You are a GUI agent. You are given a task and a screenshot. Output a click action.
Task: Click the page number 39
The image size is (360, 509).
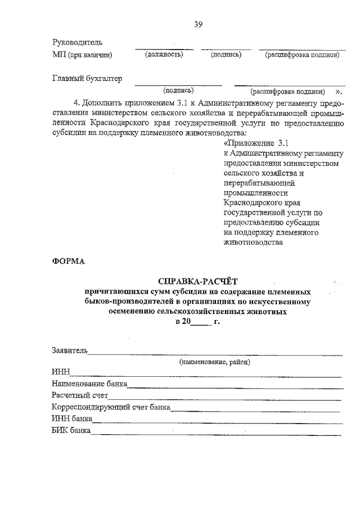click(198, 24)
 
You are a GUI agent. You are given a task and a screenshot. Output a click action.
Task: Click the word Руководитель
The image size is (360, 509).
click(77, 42)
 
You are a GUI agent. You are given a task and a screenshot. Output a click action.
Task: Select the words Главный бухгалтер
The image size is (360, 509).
click(87, 79)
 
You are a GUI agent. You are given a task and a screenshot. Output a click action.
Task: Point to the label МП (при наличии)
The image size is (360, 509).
click(82, 55)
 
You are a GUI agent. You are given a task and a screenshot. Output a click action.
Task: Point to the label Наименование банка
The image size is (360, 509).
click(89, 384)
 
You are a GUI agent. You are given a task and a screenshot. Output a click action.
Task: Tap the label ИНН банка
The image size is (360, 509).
click(70, 420)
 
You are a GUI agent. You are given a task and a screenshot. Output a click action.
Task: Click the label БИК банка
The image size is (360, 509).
click(71, 431)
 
